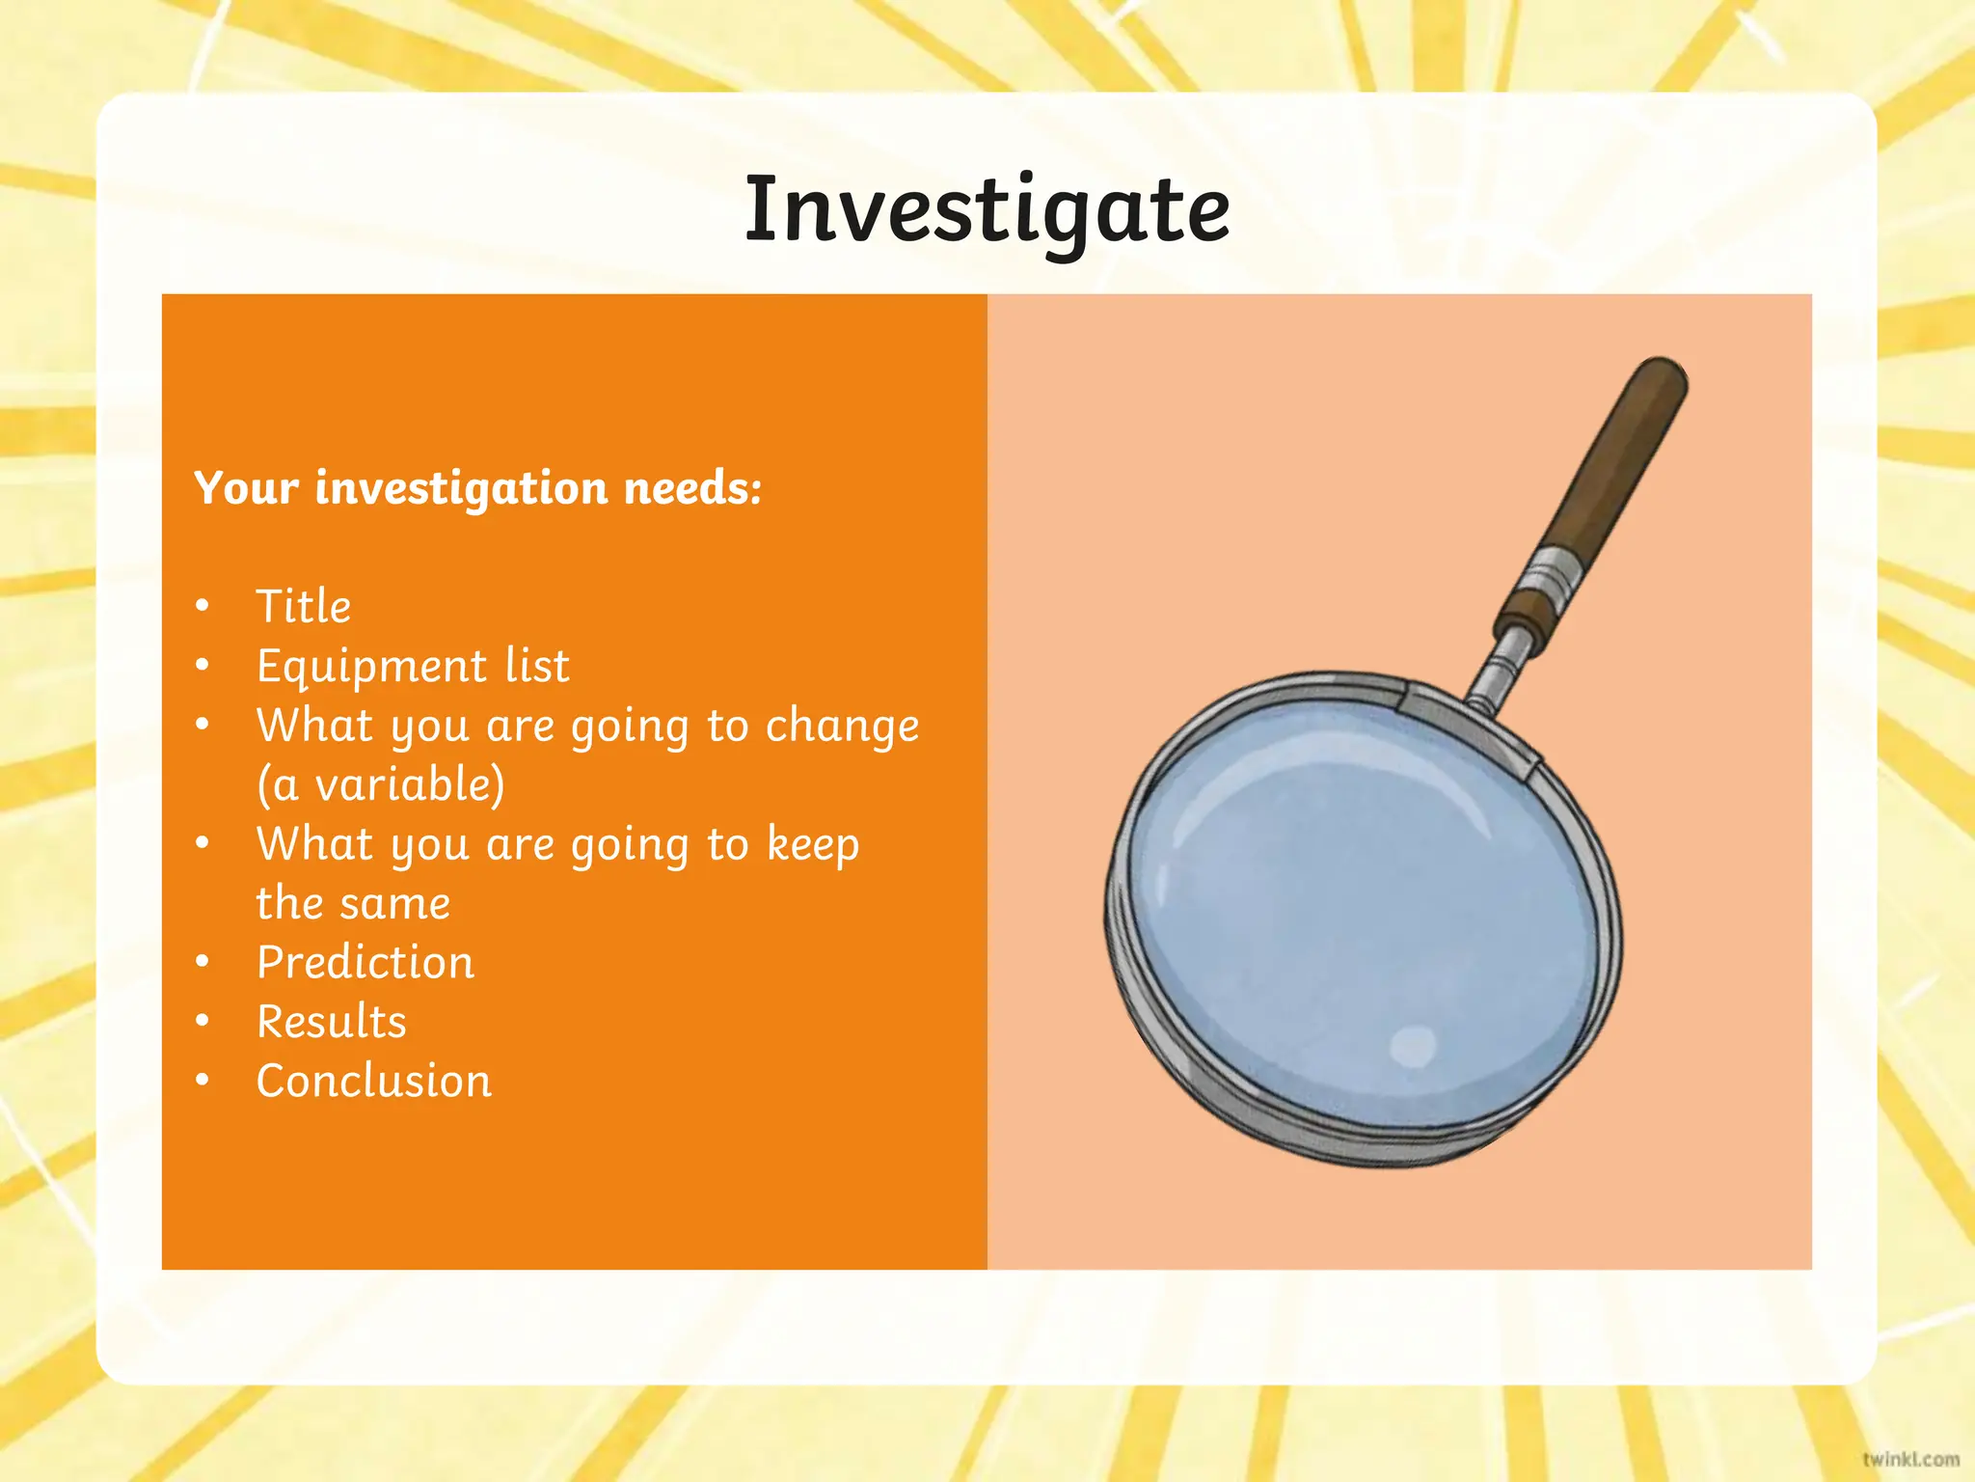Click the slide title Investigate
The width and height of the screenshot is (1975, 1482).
[x=987, y=210]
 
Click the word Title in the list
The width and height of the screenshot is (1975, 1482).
[x=304, y=607]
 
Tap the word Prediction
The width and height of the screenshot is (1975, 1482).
[x=365, y=963]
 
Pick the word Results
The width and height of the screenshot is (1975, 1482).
[x=332, y=1022]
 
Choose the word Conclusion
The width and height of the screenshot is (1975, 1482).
[x=374, y=1081]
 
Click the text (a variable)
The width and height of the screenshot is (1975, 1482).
[x=380, y=784]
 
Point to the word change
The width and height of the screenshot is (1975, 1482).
[x=842, y=727]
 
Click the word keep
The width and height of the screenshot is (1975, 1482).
[x=812, y=845]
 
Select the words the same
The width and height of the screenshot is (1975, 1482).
[x=353, y=904]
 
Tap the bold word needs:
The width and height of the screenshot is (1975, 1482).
[x=692, y=488]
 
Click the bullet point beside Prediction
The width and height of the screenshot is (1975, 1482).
[x=203, y=962]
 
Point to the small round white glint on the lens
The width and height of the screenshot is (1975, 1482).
[x=1414, y=1046]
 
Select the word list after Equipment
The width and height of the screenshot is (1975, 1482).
[x=537, y=667]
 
